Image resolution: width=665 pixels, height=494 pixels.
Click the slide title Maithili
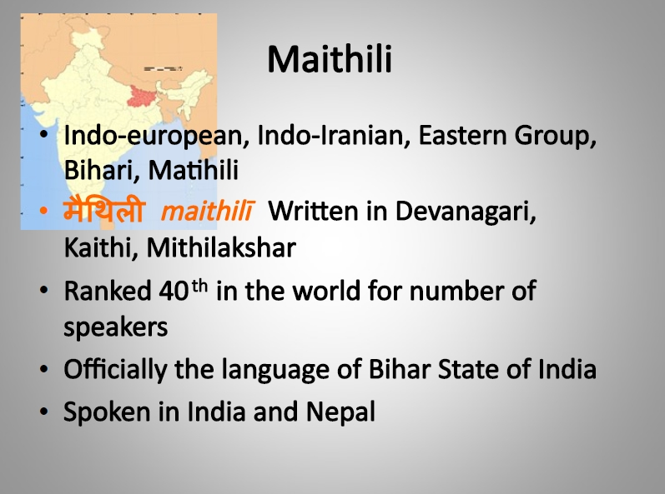click(x=330, y=59)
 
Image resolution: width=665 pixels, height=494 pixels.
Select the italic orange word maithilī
click(x=208, y=211)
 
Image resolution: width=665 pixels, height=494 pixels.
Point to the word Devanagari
click(x=466, y=212)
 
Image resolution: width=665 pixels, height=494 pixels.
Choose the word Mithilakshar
click(x=221, y=247)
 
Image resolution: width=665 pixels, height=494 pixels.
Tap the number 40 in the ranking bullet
click(x=174, y=291)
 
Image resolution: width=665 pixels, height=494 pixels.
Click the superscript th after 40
click(x=199, y=287)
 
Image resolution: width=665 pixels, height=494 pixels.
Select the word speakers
click(x=116, y=327)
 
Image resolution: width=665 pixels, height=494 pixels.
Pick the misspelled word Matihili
click(x=193, y=170)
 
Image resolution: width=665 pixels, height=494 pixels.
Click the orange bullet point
click(x=43, y=211)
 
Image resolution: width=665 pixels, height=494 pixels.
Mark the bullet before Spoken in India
click(x=43, y=412)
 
